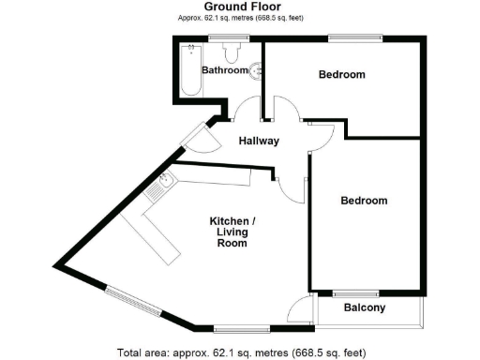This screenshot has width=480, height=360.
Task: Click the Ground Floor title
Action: click(x=239, y=7)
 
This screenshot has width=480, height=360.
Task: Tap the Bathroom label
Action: click(x=226, y=70)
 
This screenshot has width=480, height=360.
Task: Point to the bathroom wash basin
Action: click(x=255, y=70)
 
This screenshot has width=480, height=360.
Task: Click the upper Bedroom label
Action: click(x=341, y=74)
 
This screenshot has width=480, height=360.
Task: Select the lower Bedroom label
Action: click(x=364, y=201)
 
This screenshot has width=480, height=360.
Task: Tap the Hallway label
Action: click(x=260, y=142)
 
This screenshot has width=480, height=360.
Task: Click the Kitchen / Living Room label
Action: click(x=231, y=232)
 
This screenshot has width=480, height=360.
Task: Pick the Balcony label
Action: click(x=364, y=307)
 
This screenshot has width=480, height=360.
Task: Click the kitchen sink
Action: click(x=165, y=181)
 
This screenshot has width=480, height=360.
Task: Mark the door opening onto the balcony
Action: click(x=302, y=309)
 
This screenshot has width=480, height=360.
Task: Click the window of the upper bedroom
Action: click(x=354, y=37)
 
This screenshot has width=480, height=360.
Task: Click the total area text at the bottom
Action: click(x=240, y=352)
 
